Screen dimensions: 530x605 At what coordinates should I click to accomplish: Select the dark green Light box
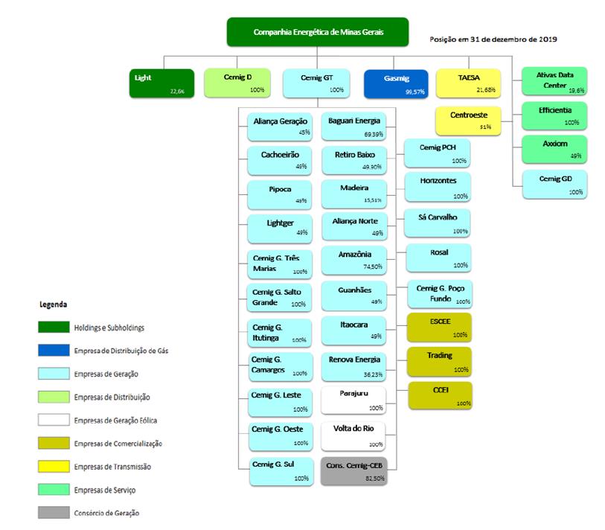pyautogui.click(x=161, y=83)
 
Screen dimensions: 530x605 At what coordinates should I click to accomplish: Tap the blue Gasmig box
pyautogui.click(x=397, y=83)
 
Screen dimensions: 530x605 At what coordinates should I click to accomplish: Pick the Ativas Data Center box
pyautogui.click(x=555, y=80)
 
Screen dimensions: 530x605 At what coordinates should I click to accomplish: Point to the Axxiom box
pyautogui.click(x=555, y=148)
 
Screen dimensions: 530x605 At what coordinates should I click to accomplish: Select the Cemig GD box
pyautogui.click(x=555, y=183)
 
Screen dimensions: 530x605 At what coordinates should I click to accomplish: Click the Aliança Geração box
pyautogui.click(x=281, y=125)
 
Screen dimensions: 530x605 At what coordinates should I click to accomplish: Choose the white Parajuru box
pyautogui.click(x=355, y=398)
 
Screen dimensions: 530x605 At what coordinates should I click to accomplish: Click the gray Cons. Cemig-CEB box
pyautogui.click(x=355, y=471)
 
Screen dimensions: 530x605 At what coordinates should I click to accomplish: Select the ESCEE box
pyautogui.click(x=439, y=327)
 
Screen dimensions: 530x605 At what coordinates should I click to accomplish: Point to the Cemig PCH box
pyautogui.click(x=439, y=153)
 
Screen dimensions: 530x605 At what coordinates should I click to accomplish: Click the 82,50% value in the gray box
pyautogui.click(x=374, y=479)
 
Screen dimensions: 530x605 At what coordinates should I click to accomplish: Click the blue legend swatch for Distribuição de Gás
pyautogui.click(x=54, y=350)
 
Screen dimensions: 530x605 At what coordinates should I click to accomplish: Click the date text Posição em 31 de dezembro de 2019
pyautogui.click(x=494, y=39)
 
